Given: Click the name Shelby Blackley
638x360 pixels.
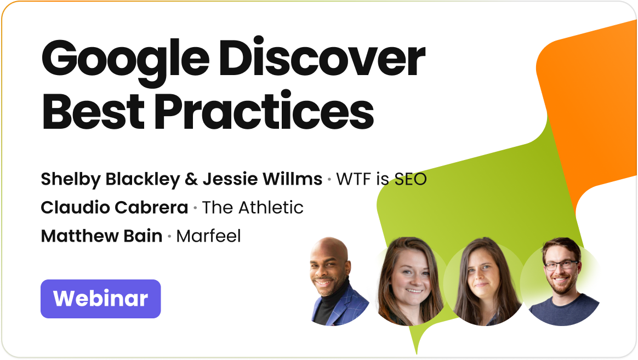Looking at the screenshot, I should [x=112, y=179].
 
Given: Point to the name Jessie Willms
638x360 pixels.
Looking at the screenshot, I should [x=263, y=179].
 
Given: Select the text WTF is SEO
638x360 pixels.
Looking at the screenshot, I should [x=381, y=179].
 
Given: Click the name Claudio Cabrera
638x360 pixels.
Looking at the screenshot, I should [x=114, y=208].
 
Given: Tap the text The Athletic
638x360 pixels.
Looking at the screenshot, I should [x=253, y=208].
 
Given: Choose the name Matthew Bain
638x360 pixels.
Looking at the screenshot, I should [x=101, y=236].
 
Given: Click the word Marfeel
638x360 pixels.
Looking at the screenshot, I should [x=209, y=236].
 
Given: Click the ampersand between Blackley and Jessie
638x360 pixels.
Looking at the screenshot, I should [x=193, y=179].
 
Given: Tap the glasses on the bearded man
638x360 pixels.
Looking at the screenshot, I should [x=561, y=266].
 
